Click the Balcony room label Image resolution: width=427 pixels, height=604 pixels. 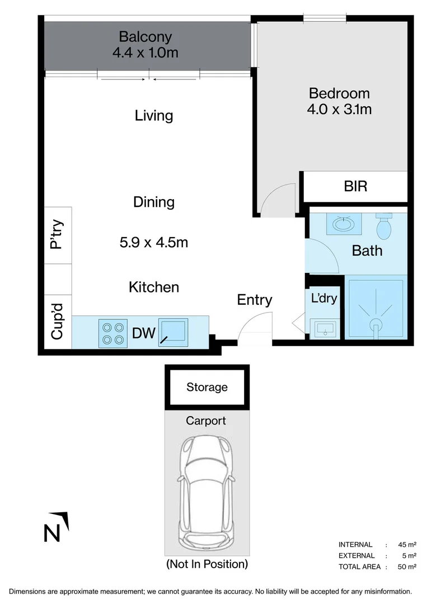[146, 37]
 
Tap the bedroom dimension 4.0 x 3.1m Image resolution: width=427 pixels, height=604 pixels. [339, 110]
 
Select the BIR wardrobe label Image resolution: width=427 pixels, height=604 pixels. [355, 186]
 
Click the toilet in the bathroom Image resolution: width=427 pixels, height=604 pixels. [384, 226]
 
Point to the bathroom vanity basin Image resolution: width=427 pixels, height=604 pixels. [344, 223]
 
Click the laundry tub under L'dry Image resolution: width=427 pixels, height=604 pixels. [325, 329]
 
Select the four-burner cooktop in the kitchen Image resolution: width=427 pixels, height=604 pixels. [113, 333]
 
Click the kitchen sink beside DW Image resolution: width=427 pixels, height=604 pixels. [173, 332]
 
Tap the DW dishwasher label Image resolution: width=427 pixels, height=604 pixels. [144, 333]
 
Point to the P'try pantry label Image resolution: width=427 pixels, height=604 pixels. [57, 234]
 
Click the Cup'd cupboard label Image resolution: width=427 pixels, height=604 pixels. [57, 322]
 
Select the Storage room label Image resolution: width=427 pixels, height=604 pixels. [207, 387]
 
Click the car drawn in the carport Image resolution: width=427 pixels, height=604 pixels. [206, 489]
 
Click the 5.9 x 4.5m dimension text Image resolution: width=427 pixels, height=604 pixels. [154, 243]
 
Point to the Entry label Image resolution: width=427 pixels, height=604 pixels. [254, 300]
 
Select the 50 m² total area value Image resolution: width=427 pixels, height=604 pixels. [407, 567]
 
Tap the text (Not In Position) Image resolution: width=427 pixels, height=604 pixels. [207, 564]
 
